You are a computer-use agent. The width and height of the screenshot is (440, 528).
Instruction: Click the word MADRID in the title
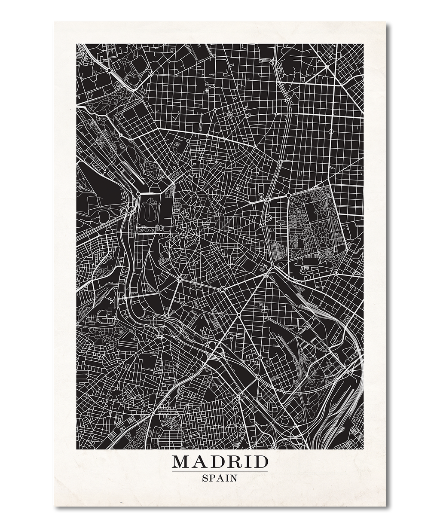pyautogui.click(x=220, y=462)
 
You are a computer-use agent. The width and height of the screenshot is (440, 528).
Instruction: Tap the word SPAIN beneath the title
pyautogui.click(x=220, y=477)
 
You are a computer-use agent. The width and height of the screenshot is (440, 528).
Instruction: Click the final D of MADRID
pyautogui.click(x=261, y=462)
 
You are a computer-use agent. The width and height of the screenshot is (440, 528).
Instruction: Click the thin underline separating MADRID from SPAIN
pyautogui.click(x=220, y=471)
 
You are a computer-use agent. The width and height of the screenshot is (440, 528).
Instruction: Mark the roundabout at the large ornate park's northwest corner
pyautogui.click(x=287, y=195)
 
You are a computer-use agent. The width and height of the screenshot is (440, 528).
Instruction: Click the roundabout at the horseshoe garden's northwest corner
pyautogui.click(x=138, y=195)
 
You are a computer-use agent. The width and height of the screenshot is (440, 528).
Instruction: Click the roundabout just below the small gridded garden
pyautogui.click(x=272, y=267)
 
